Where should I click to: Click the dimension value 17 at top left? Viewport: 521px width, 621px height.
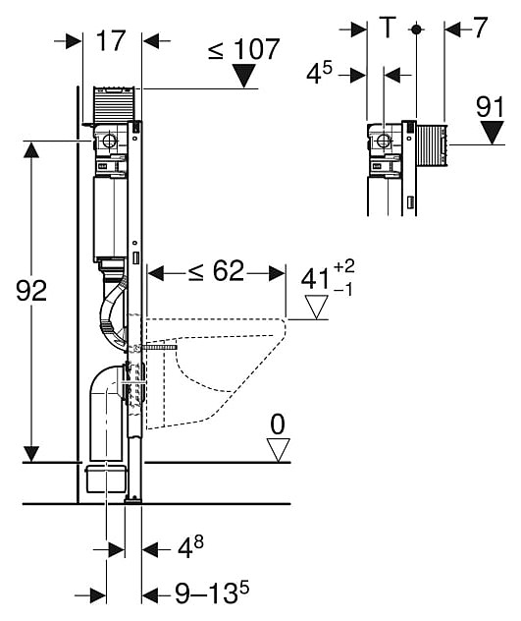[x=110, y=40]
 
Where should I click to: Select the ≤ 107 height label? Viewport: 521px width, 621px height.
[x=244, y=49]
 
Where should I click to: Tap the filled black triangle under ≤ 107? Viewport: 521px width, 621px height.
[x=244, y=76]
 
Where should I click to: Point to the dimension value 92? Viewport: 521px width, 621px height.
[x=31, y=290]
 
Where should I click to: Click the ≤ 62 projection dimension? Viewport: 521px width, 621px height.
[x=216, y=271]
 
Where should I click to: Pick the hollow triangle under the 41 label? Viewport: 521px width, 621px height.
[x=316, y=308]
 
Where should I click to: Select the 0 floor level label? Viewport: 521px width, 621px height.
[x=278, y=424]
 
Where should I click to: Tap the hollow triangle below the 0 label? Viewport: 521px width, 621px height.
[x=278, y=450]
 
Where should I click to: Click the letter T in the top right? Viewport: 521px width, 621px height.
[x=388, y=27]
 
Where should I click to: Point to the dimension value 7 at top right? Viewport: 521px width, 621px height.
[x=479, y=28]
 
